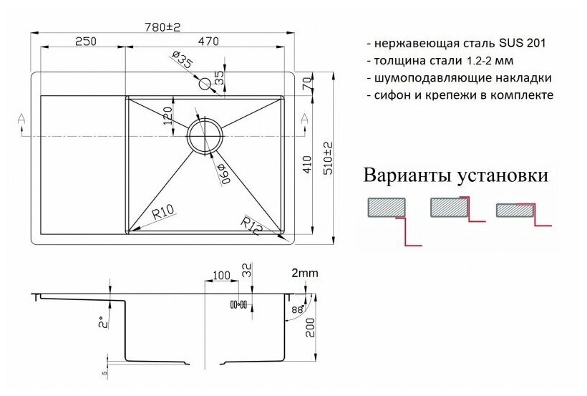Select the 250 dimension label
pos(85,42)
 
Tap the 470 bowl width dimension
pos(208,42)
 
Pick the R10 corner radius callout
pos(163,211)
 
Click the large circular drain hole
pos(205,134)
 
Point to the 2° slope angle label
pos(104,323)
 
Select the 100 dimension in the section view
pos(220,274)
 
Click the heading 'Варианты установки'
pos(457,175)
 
